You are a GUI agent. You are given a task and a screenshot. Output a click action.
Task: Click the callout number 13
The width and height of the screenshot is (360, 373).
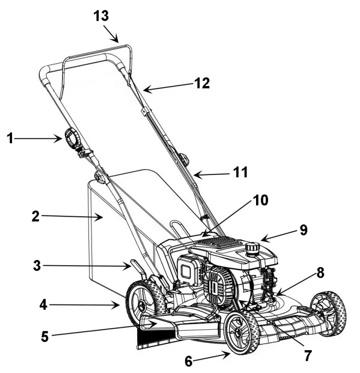click(x=101, y=16)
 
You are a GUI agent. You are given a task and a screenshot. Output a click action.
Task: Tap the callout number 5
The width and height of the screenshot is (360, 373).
click(x=46, y=336)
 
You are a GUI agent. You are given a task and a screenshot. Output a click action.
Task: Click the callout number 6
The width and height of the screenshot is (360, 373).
click(x=189, y=362)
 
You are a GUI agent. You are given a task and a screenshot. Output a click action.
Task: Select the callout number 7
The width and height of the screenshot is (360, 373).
click(x=308, y=356)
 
